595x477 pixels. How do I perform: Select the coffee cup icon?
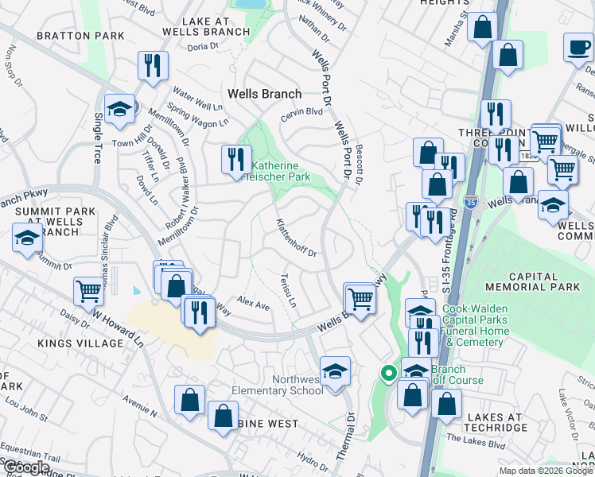click(578, 47)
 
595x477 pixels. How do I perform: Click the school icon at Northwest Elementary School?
click(335, 370)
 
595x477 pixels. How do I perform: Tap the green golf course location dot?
click(389, 372)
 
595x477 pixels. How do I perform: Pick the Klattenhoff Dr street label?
click(297, 238)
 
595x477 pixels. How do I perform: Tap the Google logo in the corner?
click(25, 467)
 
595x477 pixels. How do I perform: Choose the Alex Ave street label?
click(254, 304)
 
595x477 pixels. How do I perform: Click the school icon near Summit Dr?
click(27, 238)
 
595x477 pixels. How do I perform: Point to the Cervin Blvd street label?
click(301, 116)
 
